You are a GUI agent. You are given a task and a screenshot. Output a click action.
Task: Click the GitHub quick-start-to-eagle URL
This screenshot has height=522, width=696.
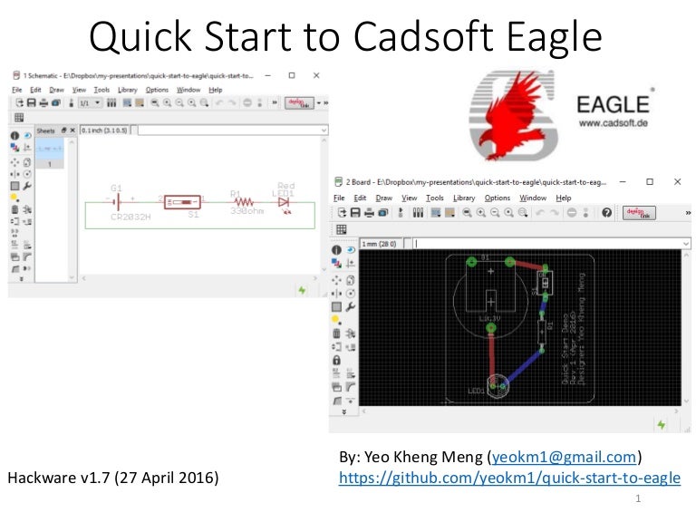509,478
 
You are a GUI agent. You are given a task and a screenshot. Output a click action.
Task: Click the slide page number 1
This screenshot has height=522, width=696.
639,499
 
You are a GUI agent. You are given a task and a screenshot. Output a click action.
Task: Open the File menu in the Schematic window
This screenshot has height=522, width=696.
16,90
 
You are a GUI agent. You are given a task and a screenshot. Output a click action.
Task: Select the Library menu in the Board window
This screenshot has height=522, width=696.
464,198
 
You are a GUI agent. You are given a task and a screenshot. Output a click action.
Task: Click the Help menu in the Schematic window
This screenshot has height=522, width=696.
215,90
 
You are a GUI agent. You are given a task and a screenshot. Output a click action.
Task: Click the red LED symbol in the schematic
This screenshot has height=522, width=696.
284,202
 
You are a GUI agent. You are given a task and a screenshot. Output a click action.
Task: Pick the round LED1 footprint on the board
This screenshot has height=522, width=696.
498,386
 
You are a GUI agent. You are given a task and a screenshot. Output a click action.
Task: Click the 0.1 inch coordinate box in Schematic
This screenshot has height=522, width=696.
105,130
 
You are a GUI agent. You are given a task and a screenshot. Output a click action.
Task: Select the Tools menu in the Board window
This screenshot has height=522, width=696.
435,198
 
